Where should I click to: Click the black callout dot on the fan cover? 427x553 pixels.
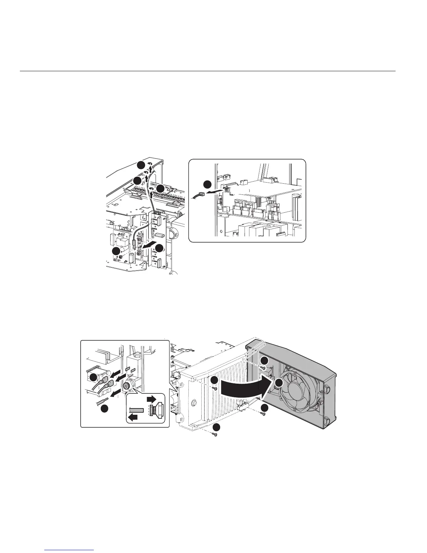pos(278,383)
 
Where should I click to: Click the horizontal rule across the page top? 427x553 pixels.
pos(208,71)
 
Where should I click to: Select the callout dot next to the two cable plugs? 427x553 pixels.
pos(93,378)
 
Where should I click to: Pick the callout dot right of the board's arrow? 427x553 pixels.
pos(159,248)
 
